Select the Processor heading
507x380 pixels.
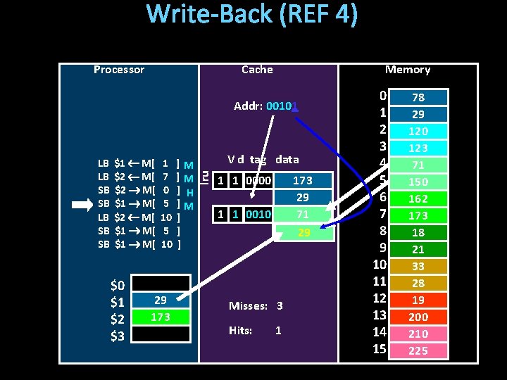point(119,70)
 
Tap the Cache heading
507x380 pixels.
point(257,70)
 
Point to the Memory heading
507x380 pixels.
point(408,70)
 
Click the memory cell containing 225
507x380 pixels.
point(418,350)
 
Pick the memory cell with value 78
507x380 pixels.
point(418,97)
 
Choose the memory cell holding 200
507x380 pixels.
point(418,317)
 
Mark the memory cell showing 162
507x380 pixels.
point(418,198)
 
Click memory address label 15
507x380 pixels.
point(380,350)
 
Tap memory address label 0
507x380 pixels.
point(382,96)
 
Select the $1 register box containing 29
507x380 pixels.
point(161,300)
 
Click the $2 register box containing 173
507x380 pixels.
point(161,317)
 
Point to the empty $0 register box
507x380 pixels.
point(161,284)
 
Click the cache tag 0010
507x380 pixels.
point(258,214)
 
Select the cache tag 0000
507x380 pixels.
point(258,181)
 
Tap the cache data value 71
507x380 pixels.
point(302,214)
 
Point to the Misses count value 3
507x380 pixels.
point(280,306)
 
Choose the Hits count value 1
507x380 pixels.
point(278,330)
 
